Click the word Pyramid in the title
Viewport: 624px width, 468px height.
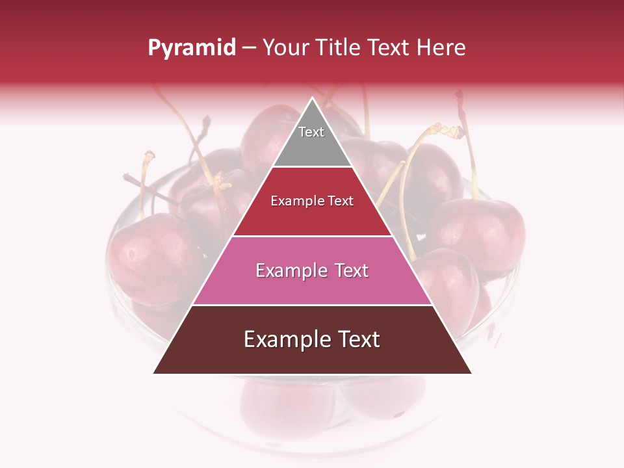click(191, 48)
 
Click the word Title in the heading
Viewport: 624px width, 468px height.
click(339, 47)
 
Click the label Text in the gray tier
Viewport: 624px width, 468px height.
click(311, 132)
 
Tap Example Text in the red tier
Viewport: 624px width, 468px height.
click(312, 201)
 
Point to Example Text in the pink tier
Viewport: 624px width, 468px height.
click(312, 270)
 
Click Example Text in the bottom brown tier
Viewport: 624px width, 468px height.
click(312, 339)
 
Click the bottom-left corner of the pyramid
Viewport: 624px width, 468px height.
click(155, 372)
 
